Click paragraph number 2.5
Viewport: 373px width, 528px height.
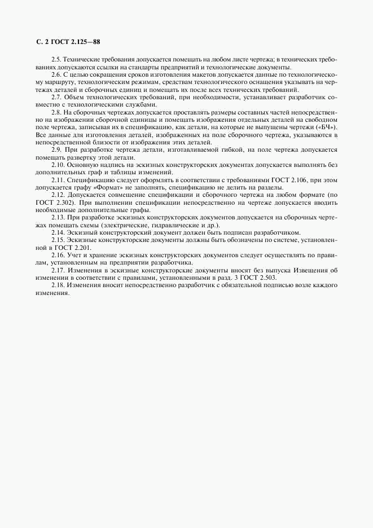pos(56,59)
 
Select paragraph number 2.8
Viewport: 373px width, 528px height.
pos(56,112)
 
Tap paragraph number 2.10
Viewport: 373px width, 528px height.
pos(58,164)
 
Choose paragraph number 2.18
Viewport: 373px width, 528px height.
pos(58,285)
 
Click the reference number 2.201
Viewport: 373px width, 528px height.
pos(81,248)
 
